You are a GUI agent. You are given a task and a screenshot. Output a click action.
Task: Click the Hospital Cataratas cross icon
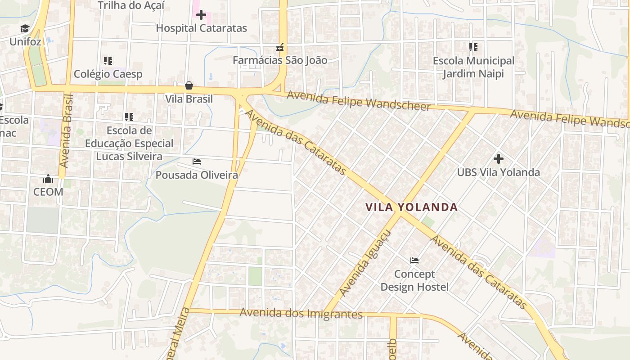coord(201,15)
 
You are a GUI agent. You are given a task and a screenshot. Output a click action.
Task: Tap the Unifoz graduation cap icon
coord(25,29)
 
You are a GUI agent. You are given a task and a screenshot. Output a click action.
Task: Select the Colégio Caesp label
coord(108,74)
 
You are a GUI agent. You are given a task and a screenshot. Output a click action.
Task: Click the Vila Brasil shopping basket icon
coord(189,85)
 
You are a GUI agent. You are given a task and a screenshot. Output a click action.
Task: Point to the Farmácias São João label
coord(280,60)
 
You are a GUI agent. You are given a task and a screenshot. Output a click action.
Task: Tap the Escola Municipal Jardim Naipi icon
coord(473,47)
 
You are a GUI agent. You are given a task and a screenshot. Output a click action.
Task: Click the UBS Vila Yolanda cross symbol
coord(498,159)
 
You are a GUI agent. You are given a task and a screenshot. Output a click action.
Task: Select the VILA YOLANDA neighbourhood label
coord(411,207)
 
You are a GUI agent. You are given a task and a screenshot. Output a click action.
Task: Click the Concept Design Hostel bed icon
coord(414,261)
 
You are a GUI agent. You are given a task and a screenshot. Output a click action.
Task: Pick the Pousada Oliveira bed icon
coord(197,162)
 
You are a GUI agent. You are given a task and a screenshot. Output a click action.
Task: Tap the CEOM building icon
coord(48,179)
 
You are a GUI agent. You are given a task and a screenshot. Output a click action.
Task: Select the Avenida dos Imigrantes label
coord(301,313)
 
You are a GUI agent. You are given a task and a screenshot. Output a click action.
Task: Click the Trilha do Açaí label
coord(131,5)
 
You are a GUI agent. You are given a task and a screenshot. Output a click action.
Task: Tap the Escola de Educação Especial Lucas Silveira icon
coord(129,117)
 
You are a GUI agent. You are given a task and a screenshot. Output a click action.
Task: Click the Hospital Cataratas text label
coord(201,28)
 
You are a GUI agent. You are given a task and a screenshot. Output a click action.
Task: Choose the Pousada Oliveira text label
coord(197,175)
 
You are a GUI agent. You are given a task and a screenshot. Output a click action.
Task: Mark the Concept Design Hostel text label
coord(414,280)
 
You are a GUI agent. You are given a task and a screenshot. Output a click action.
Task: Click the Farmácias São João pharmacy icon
coord(280,47)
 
